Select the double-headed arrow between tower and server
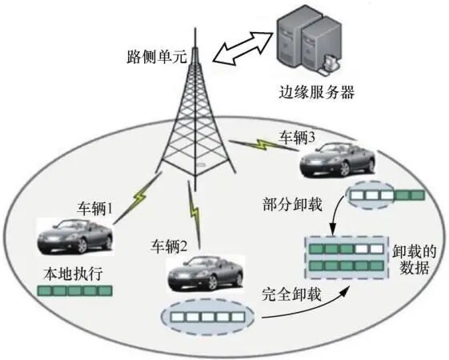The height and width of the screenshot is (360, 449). pyautogui.click(x=245, y=46)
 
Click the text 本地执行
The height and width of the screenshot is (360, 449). pyautogui.click(x=70, y=276)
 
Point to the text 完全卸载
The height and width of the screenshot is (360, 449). pyautogui.click(x=292, y=294)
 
